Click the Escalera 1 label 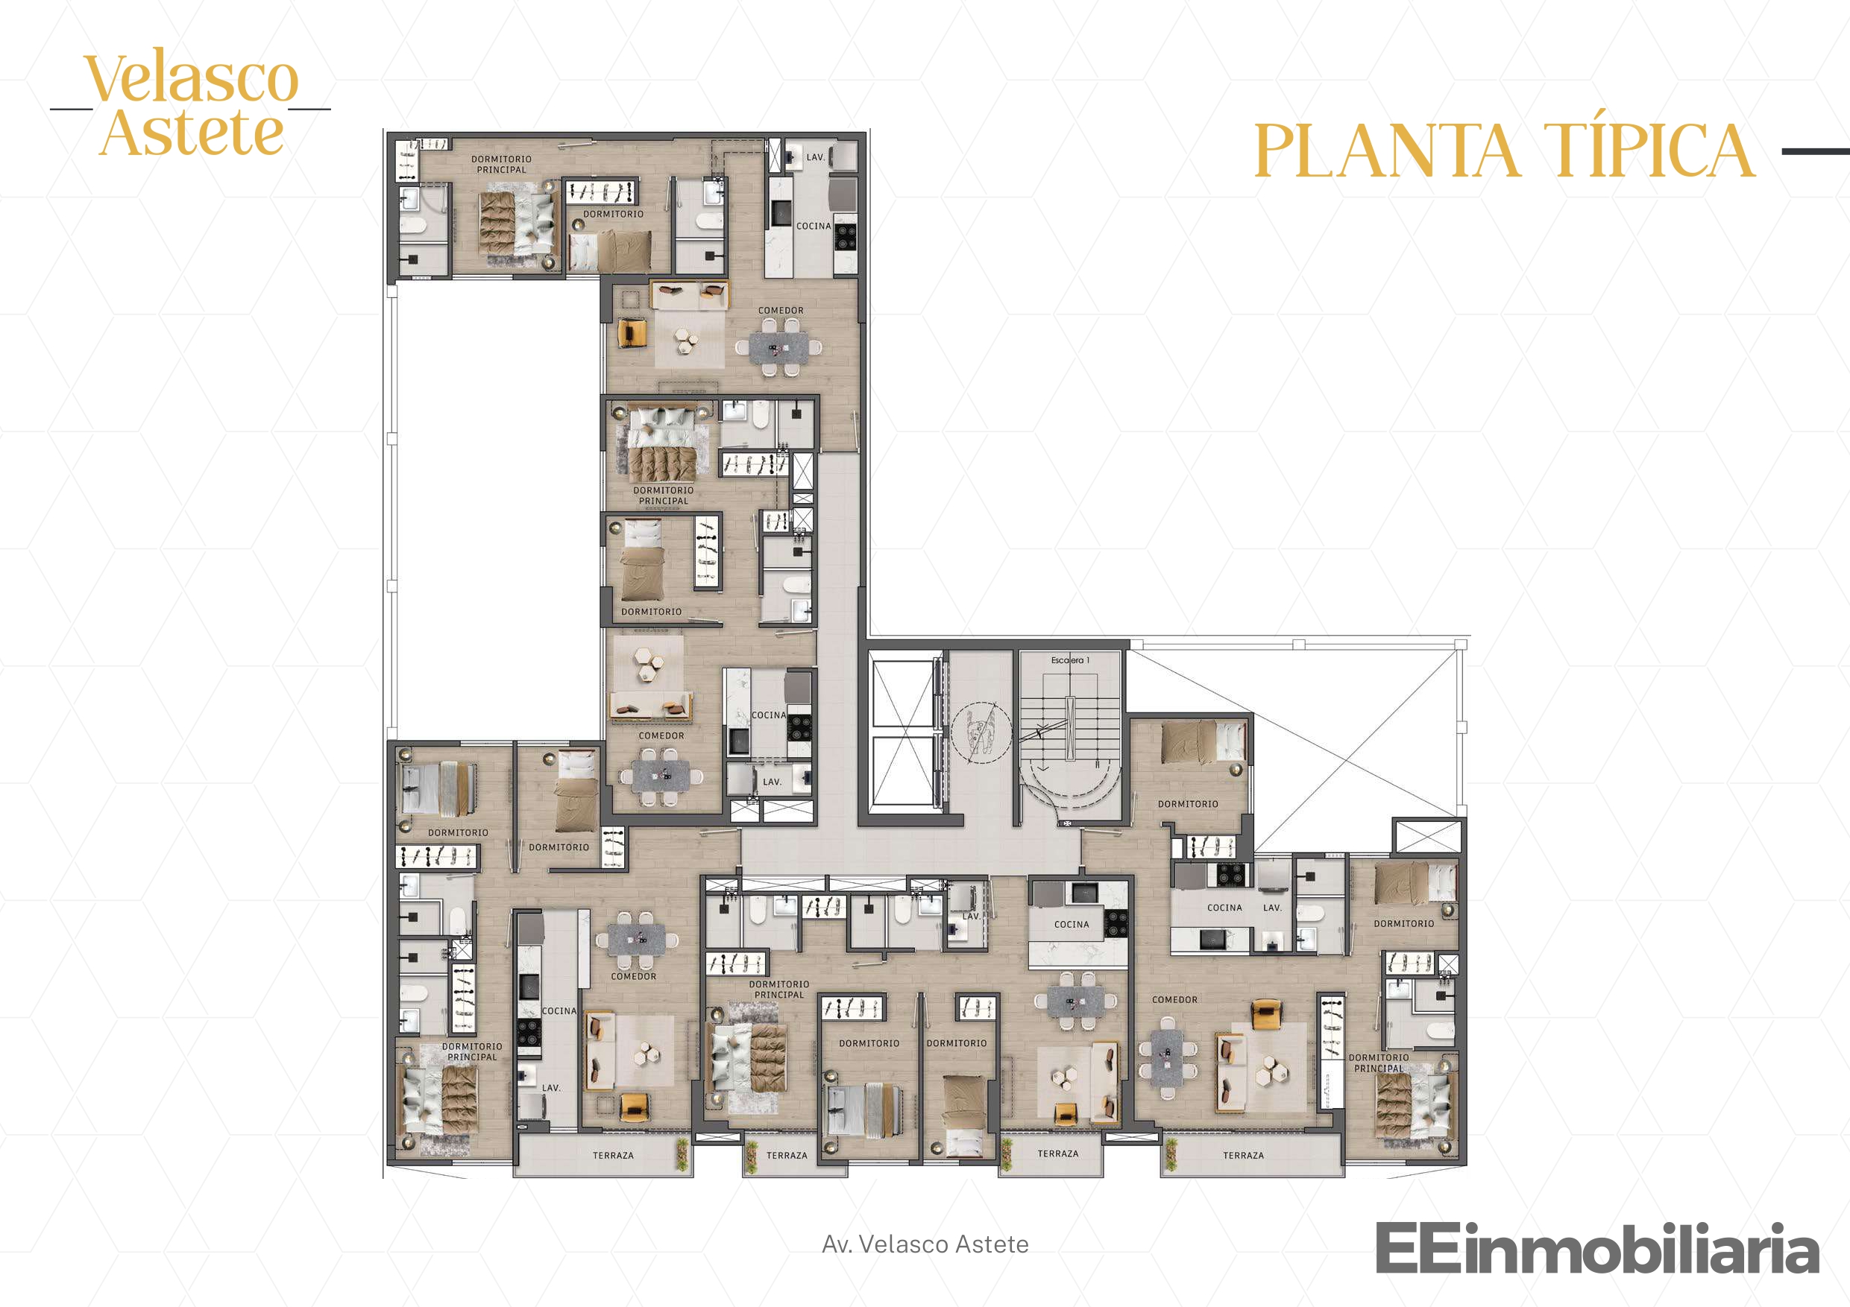(x=1070, y=660)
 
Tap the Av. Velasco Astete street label (x=925, y=1244)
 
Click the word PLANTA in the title (x=1387, y=151)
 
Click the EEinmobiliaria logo (x=1597, y=1247)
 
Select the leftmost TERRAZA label (x=613, y=1156)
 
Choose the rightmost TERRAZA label (x=1243, y=1156)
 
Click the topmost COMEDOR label (x=781, y=310)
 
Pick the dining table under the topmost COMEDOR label (x=778, y=347)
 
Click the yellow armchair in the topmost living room (x=632, y=332)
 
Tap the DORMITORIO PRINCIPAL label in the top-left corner (x=501, y=164)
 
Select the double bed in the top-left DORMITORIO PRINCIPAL (x=518, y=224)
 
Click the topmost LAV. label (x=817, y=157)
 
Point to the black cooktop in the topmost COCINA (x=846, y=236)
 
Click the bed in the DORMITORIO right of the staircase (x=1203, y=741)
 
